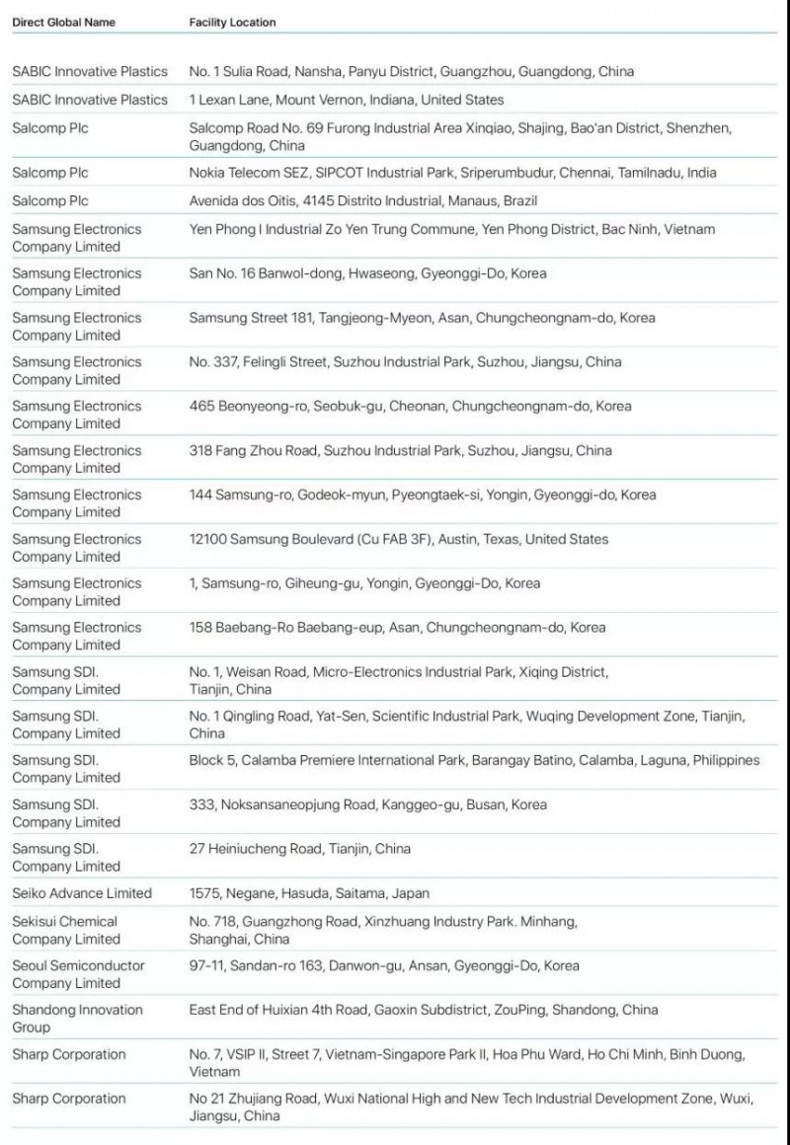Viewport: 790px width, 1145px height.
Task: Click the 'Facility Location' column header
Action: pyautogui.click(x=232, y=22)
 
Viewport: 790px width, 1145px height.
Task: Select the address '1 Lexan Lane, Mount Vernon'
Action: pyautogui.click(x=346, y=100)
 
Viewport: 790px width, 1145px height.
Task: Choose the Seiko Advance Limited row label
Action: pyautogui.click(x=82, y=893)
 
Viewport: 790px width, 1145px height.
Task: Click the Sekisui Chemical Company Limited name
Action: pyautogui.click(x=66, y=930)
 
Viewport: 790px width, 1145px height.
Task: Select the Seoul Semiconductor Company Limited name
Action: pyautogui.click(x=78, y=974)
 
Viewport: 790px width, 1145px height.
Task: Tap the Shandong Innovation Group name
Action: pyautogui.click(x=77, y=1019)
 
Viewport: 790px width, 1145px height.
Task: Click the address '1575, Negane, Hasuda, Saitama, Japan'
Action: pyautogui.click(x=309, y=893)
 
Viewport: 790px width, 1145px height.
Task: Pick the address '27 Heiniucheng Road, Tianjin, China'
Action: pyautogui.click(x=300, y=849)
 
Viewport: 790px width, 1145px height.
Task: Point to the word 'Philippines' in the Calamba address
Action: pyautogui.click(x=726, y=760)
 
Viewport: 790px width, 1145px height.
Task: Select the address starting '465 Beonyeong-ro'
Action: pyautogui.click(x=410, y=406)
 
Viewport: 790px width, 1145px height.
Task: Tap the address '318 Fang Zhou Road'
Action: pyautogui.click(x=400, y=450)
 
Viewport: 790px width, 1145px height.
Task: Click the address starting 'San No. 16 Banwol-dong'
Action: pyautogui.click(x=367, y=273)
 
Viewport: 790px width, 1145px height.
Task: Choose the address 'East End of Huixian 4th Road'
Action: pyautogui.click(x=423, y=1010)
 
